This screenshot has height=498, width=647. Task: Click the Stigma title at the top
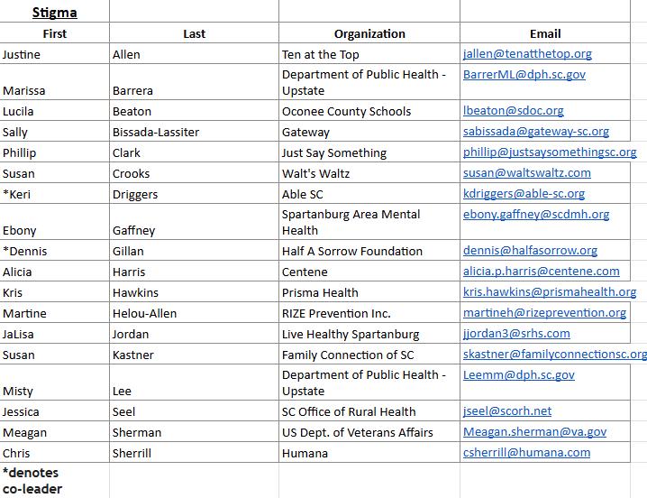tap(54, 13)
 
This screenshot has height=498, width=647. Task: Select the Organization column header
tap(369, 33)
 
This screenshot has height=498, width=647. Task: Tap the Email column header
tap(545, 33)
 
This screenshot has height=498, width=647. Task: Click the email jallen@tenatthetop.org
tap(527, 54)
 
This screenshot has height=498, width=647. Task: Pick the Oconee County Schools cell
tap(346, 111)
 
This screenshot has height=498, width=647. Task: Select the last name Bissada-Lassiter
tap(156, 132)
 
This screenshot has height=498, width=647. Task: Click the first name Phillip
tap(19, 152)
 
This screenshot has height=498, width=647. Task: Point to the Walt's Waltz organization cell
tap(314, 173)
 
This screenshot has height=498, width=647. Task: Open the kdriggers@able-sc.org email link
tap(524, 194)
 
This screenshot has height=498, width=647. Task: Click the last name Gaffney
tap(134, 230)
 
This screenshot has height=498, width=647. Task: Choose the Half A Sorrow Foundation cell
tap(351, 251)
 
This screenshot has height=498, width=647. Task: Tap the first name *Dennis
tap(24, 251)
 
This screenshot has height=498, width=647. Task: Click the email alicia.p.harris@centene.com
tap(541, 272)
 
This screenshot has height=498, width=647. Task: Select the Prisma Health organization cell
tap(320, 292)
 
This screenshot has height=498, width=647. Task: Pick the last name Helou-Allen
tap(144, 313)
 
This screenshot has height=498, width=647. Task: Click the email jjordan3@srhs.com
tap(516, 334)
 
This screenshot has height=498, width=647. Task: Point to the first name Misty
tap(18, 391)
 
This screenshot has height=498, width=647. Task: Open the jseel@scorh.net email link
tap(507, 411)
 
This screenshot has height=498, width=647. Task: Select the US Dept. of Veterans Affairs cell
tap(357, 432)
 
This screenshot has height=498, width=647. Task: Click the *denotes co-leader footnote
tap(32, 481)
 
